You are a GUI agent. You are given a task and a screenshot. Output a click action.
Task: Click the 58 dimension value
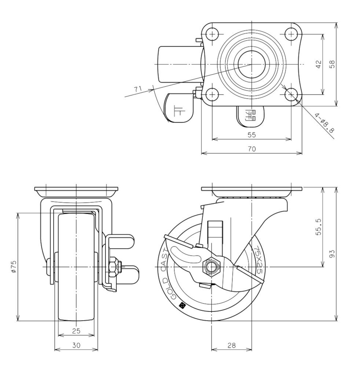coord(332,64)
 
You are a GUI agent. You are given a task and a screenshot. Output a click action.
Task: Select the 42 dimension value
coord(318,64)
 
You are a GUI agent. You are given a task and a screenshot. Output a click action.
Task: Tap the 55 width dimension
coord(251,135)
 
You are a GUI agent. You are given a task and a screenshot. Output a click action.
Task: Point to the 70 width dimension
coord(251,149)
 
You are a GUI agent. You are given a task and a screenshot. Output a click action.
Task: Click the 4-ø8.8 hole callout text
coord(324,123)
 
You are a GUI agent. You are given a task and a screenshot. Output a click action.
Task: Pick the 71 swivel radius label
coord(138,89)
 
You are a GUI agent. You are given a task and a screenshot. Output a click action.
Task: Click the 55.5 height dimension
coord(318,227)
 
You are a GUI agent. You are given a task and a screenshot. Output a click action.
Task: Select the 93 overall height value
coord(332,254)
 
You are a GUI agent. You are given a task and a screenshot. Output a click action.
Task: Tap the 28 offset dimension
coord(231,345)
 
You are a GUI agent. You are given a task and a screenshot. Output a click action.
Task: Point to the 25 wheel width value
coord(76,331)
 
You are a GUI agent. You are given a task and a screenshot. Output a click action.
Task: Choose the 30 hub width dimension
coord(76,345)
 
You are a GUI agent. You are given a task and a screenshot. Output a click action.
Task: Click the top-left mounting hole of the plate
coord(212,34)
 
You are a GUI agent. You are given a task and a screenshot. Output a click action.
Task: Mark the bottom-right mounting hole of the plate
coord(291,95)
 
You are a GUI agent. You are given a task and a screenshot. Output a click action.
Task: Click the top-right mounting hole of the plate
coord(291,34)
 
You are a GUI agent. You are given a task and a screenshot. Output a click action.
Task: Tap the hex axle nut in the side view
coord(212,266)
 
